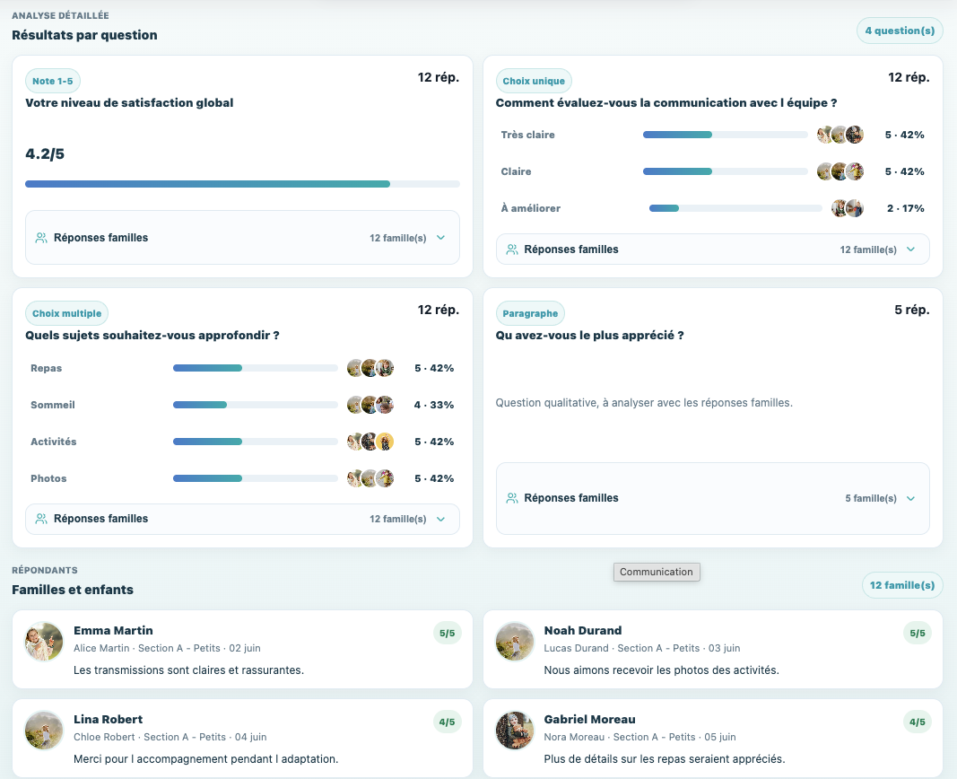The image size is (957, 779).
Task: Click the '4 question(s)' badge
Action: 900,31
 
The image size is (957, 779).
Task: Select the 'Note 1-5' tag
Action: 53,81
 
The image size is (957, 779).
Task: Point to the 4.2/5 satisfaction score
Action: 45,153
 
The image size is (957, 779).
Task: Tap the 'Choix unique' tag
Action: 534,81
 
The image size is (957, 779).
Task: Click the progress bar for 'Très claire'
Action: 725,135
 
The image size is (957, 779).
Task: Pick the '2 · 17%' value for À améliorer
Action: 905,209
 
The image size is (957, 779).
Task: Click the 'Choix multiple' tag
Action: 66,314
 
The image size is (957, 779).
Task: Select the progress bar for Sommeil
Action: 255,405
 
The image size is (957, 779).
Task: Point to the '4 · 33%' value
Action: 434,405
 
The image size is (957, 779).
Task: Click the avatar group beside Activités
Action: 370,442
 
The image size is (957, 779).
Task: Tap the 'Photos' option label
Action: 48,478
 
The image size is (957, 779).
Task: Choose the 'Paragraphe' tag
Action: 530,314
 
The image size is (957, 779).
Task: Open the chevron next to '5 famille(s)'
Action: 910,498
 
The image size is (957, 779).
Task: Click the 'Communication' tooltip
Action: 657,572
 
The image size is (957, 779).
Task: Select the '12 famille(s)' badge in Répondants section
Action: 902,585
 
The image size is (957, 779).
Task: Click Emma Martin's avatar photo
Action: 44,642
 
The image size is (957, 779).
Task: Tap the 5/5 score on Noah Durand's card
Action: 918,633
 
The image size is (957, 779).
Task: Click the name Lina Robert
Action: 108,720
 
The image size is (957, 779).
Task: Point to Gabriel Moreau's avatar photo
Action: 515,731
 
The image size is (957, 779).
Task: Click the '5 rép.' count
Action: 912,311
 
